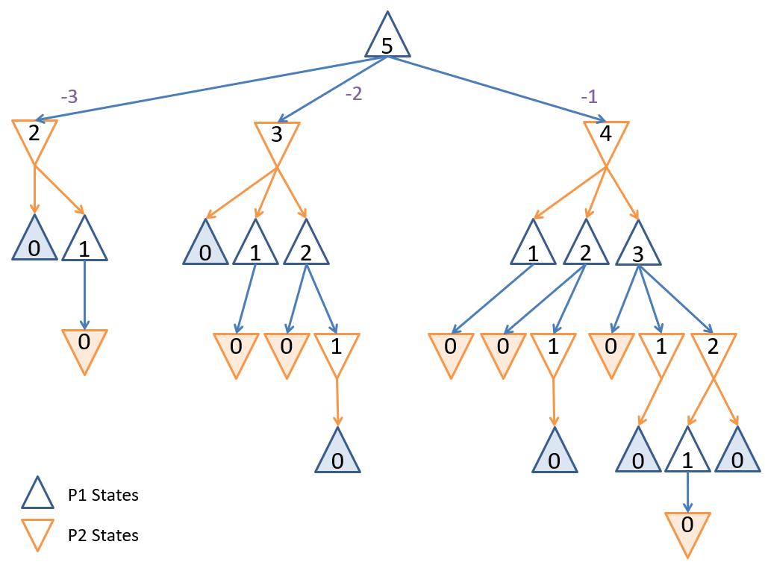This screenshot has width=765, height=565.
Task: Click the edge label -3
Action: tap(69, 96)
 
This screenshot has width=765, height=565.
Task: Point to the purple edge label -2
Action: tap(353, 95)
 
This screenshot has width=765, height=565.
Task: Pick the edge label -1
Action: tap(589, 96)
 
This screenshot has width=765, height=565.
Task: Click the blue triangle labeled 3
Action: tap(638, 249)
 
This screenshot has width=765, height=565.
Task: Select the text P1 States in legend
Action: tap(103, 495)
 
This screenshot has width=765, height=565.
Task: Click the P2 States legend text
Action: tap(103, 535)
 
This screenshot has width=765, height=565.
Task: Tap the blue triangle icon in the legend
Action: tap(37, 494)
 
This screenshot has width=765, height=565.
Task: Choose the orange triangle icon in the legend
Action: tap(37, 534)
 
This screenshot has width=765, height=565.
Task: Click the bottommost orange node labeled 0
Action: tap(687, 527)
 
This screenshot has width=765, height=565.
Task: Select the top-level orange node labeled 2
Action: tap(34, 136)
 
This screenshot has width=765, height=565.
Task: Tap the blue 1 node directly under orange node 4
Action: tap(533, 249)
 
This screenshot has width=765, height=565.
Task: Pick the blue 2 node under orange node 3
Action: tap(306, 249)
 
